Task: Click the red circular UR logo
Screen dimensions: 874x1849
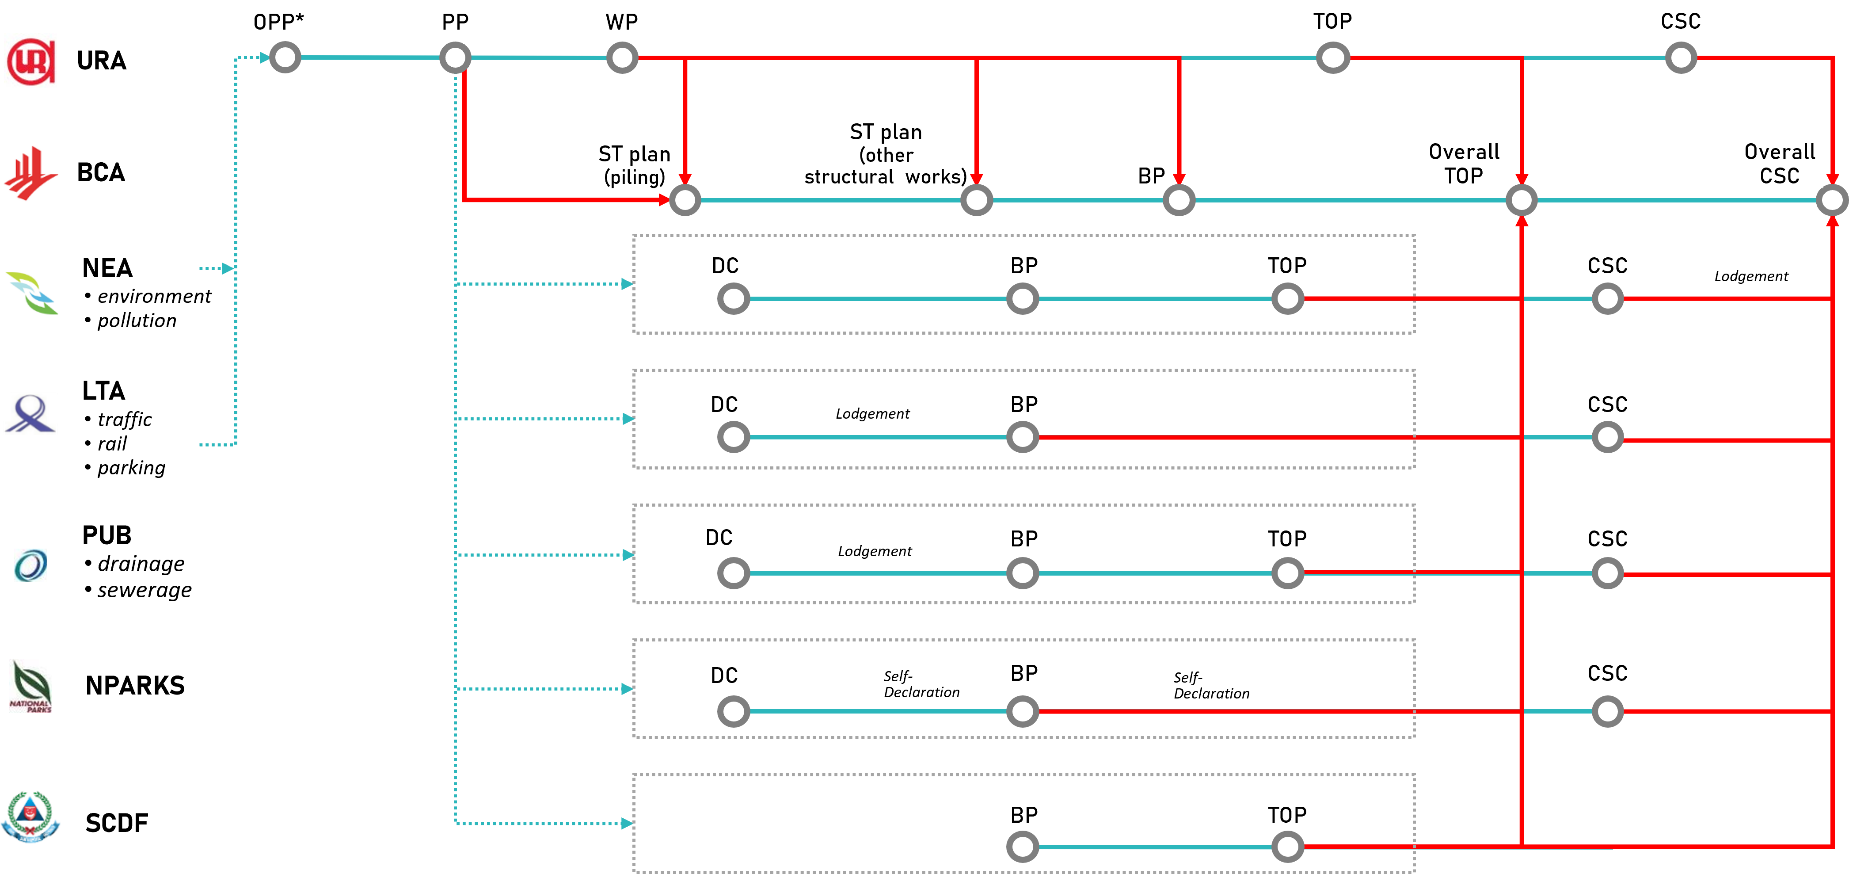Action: pyautogui.click(x=30, y=60)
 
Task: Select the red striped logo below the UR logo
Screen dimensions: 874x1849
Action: pyautogui.click(x=30, y=172)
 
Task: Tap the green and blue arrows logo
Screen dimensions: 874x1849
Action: pyautogui.click(x=30, y=293)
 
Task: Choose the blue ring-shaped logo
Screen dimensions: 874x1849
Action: pyautogui.click(x=30, y=565)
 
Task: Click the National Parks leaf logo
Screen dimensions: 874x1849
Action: pyautogui.click(x=30, y=686)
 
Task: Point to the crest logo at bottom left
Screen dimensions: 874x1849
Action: pyautogui.click(x=30, y=817)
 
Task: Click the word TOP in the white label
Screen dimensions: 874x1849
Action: pyautogui.click(x=1464, y=176)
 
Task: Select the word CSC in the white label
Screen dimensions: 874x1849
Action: pyautogui.click(x=1779, y=176)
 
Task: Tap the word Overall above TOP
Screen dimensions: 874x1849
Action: pyautogui.click(x=1464, y=152)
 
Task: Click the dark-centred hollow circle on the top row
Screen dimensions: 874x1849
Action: pyautogui.click(x=285, y=57)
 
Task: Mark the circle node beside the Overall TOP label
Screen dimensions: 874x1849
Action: pyautogui.click(x=1522, y=200)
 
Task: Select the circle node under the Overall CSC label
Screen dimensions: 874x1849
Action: pyautogui.click(x=1832, y=200)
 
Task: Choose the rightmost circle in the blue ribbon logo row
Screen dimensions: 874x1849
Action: pyautogui.click(x=1608, y=437)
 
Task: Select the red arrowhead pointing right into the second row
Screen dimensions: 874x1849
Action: pyautogui.click(x=664, y=200)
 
